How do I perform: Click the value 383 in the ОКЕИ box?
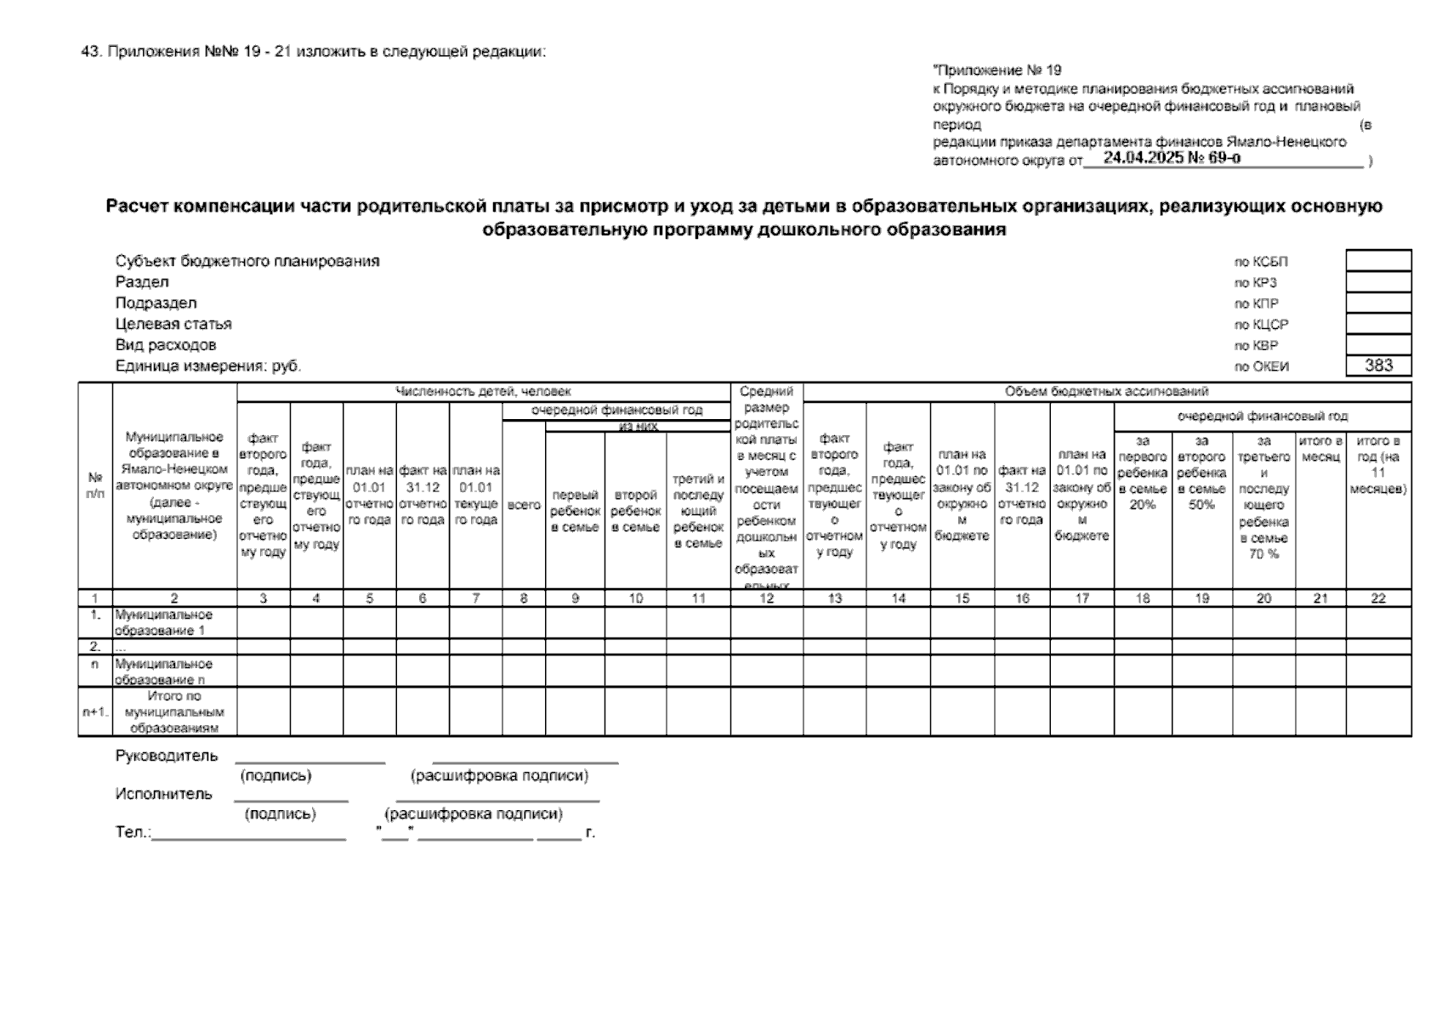click(1378, 365)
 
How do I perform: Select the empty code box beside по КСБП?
click(1378, 260)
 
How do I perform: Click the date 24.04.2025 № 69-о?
click(1171, 158)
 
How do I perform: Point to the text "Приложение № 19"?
click(997, 71)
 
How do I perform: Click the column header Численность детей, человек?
click(483, 392)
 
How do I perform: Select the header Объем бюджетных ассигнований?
click(1106, 392)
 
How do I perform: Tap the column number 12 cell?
click(766, 598)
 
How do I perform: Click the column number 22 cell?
click(1378, 598)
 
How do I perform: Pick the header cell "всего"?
click(524, 505)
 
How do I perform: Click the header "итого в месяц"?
click(1320, 449)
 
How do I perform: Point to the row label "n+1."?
click(95, 711)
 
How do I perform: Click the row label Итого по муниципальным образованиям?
click(174, 711)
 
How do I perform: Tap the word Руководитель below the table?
click(167, 756)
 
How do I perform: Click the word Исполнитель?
click(164, 794)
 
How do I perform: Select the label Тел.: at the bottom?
click(133, 832)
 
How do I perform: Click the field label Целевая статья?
click(173, 324)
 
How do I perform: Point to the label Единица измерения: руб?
click(208, 366)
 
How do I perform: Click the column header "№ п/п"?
click(95, 485)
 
